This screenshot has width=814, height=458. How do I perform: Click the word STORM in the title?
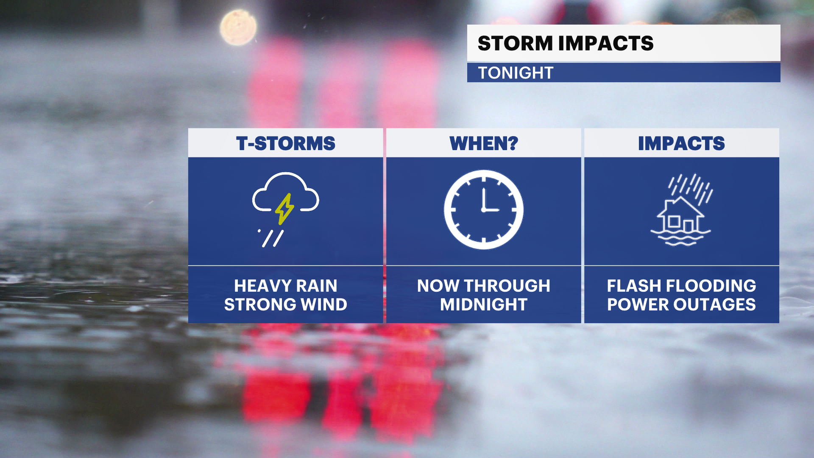[x=515, y=43]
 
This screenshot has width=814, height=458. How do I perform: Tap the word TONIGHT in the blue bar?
[x=516, y=73]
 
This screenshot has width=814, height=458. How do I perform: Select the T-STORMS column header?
[x=286, y=143]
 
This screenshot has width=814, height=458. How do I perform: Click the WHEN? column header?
[x=484, y=143]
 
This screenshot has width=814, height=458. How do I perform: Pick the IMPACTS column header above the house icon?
[x=681, y=143]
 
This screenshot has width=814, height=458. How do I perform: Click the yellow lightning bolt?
[x=284, y=209]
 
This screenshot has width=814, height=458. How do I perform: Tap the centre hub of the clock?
[x=483, y=209]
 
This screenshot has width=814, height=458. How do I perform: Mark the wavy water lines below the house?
[x=680, y=238]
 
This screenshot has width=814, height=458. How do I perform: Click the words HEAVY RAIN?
[x=286, y=286]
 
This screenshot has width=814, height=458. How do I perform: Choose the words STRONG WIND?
[x=286, y=304]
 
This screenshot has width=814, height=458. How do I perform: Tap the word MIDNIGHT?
[x=484, y=304]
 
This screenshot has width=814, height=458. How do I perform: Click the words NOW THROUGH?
[x=484, y=286]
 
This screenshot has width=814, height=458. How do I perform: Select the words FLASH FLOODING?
[x=681, y=286]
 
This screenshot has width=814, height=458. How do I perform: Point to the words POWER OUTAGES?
[x=681, y=304]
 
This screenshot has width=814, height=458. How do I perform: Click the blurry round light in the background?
[x=238, y=28]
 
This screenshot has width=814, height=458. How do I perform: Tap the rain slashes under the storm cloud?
[x=271, y=238]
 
